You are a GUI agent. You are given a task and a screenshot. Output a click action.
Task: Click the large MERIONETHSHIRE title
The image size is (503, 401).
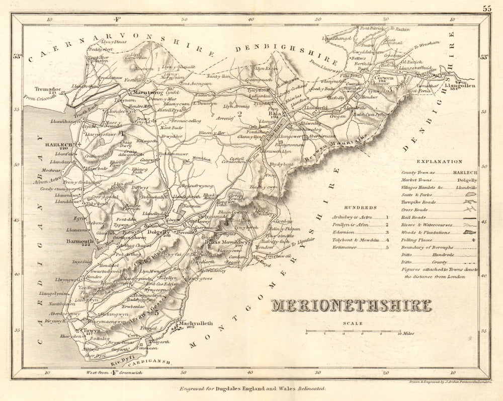[352, 305]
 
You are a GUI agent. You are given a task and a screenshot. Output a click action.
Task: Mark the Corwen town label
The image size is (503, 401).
[383, 78]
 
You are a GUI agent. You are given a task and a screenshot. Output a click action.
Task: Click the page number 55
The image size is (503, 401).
[486, 8]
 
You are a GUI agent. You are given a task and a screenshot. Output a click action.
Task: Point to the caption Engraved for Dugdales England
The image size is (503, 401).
[252, 388]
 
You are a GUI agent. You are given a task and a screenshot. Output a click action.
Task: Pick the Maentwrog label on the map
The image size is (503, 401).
[145, 93]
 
